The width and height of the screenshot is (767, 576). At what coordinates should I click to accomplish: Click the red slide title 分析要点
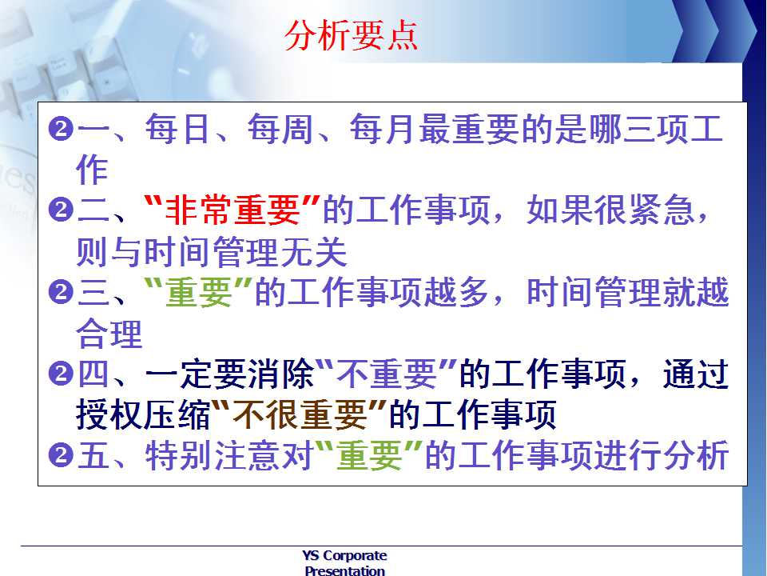coord(352,35)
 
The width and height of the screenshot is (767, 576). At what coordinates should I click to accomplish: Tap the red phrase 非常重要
coord(232,210)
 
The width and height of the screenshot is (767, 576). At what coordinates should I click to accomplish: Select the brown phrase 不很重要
coord(300,415)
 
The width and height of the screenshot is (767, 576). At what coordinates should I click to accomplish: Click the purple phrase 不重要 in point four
coord(387,374)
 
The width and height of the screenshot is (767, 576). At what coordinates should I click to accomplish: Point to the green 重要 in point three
coord(199,293)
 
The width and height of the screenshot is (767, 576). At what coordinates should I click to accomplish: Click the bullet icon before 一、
coord(62,130)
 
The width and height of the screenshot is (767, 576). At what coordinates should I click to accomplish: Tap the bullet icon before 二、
coord(62,210)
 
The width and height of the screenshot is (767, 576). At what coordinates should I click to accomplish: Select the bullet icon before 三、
coord(62,293)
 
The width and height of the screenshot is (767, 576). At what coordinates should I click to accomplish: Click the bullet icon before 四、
coord(62,374)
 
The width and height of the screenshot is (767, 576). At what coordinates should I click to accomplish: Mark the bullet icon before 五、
coord(62,456)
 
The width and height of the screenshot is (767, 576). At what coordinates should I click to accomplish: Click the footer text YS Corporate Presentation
coord(345,562)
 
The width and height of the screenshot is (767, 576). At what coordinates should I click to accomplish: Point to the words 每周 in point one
coord(280,130)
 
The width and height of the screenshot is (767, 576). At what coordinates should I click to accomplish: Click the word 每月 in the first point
coord(383,130)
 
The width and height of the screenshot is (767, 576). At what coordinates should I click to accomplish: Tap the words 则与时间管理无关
coord(212,252)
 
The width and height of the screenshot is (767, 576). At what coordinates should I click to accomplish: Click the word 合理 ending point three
coord(109,334)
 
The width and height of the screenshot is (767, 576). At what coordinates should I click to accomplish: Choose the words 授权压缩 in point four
coord(143,415)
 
